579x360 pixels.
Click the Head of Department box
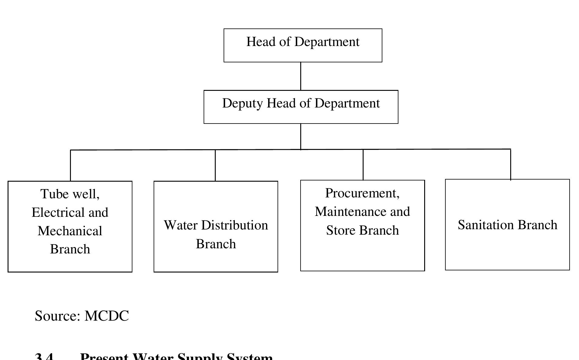[x=303, y=45]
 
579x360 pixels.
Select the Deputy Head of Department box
[x=301, y=107]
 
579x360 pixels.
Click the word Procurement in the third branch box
[x=362, y=193]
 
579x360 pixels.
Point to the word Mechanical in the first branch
[x=70, y=231]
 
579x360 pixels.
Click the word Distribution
[x=234, y=225]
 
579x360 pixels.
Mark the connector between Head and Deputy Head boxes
[x=301, y=76]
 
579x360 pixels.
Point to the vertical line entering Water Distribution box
[x=215, y=165]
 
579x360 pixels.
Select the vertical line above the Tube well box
[x=70, y=165]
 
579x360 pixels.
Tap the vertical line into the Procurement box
[x=363, y=165]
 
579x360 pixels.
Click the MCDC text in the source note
[x=107, y=316]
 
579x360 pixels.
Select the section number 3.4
[x=44, y=357]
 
